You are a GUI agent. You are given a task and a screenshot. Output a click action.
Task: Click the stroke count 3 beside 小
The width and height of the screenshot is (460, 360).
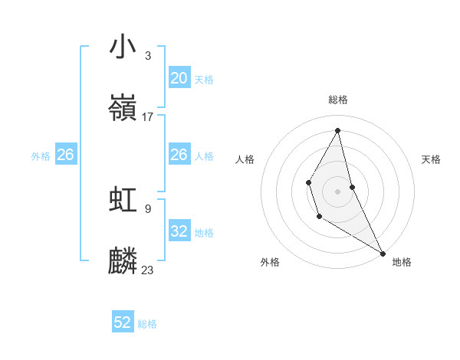tap(147, 55)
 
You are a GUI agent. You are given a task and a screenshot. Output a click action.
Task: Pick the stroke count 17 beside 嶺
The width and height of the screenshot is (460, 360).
tap(148, 117)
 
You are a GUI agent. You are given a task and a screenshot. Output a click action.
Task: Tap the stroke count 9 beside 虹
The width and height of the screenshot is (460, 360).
tap(147, 208)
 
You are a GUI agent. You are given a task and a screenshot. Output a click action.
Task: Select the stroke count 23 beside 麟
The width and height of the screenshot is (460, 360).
tap(148, 270)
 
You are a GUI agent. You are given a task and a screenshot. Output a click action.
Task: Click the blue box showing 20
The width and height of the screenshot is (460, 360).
tap(179, 78)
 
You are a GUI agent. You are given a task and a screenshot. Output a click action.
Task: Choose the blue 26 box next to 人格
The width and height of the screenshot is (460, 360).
tap(179, 155)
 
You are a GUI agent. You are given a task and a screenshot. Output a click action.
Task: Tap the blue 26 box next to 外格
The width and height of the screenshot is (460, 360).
tap(65, 155)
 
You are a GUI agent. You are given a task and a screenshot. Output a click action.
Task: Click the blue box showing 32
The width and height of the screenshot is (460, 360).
tap(179, 231)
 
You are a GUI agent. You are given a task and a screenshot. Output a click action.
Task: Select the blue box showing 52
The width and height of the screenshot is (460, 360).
tap(123, 322)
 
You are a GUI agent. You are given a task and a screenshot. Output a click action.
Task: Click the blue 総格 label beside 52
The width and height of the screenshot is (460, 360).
tap(148, 324)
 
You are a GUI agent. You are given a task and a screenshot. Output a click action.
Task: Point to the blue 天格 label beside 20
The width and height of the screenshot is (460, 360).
tap(204, 80)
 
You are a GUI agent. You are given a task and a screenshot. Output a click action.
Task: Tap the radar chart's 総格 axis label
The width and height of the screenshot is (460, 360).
tap(338, 100)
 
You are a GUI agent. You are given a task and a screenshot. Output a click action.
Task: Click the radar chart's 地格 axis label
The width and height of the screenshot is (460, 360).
tap(402, 262)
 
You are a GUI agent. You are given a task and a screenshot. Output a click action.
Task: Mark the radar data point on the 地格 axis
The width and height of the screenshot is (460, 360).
tap(383, 253)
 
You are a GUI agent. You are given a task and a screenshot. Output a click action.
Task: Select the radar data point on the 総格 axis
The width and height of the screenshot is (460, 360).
tap(338, 129)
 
